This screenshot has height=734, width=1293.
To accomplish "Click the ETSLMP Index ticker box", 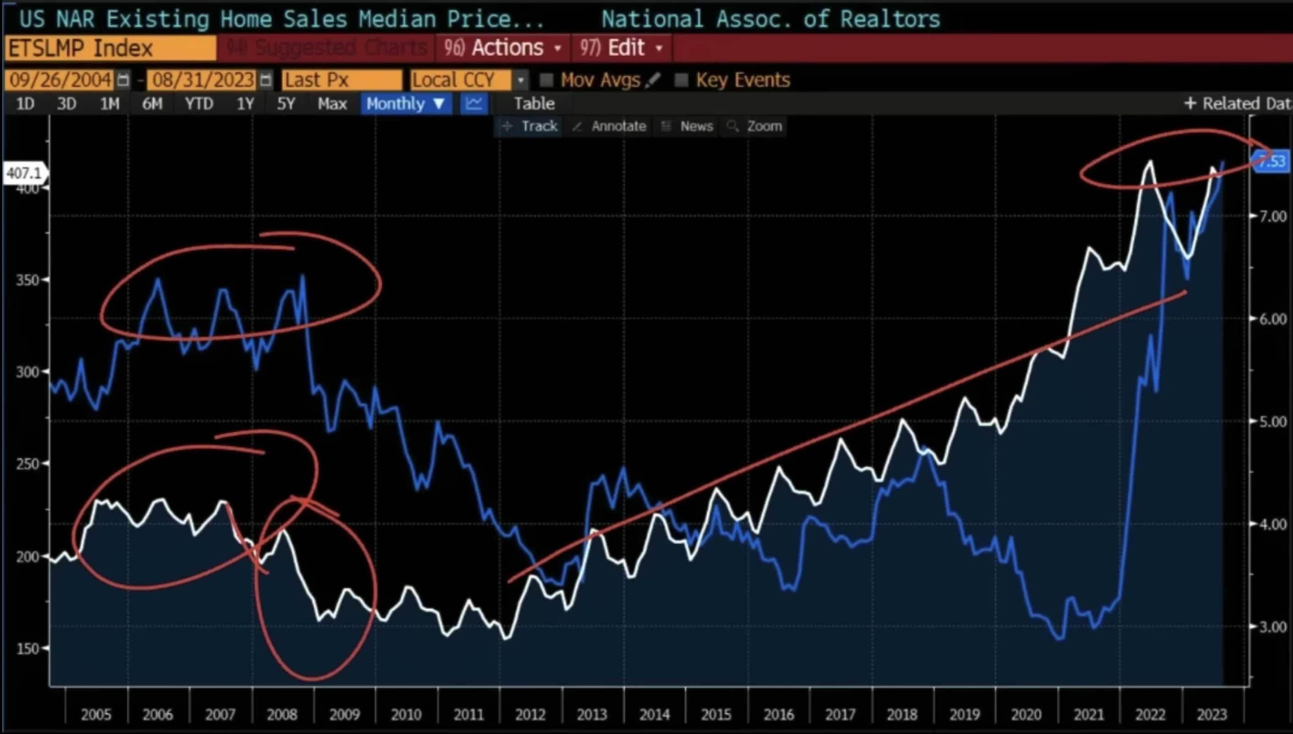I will pos(110,49).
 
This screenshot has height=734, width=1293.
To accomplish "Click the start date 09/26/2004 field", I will pos(60,80).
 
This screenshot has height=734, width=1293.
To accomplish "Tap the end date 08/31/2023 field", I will pos(203,80).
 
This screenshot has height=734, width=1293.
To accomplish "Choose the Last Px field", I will pos(341,80).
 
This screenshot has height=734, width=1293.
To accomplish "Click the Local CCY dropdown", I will pos(468,80).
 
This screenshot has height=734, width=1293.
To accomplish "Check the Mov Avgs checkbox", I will pos(547,80).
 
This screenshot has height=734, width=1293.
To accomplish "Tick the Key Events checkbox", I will pos(681,80).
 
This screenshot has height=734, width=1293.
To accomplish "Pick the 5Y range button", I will pos(286,104).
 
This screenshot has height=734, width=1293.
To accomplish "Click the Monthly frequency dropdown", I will pos(405,104).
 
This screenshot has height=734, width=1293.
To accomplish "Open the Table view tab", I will pos(534,104).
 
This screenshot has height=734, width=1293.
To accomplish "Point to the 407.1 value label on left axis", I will pos(24,173).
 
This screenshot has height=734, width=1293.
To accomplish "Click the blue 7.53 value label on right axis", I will pos(1271,161).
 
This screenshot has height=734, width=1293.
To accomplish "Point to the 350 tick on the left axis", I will pos(28,280).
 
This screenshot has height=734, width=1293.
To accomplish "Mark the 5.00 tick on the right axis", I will pos(1272,422).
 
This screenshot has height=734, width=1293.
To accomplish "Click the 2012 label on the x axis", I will pos(530,714).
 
